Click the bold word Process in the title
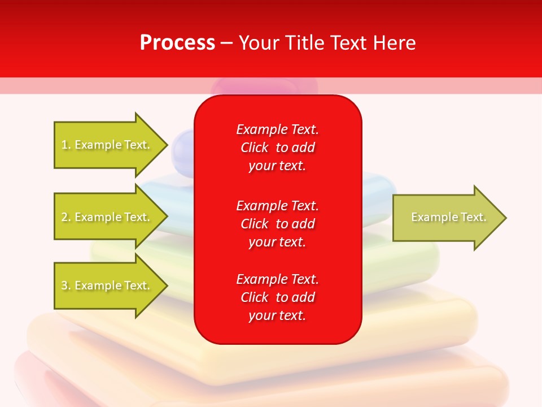point(177,43)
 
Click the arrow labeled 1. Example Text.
point(107,145)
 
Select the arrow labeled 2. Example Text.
point(107,217)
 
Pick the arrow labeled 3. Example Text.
point(107,285)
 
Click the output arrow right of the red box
point(446,218)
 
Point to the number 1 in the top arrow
point(64,145)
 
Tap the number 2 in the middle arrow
point(64,217)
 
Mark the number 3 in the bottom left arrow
point(64,285)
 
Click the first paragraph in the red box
point(277,148)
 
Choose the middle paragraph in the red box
point(277,224)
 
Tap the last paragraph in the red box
point(277,297)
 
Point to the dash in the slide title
point(227,43)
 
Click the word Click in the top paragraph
point(254,148)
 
